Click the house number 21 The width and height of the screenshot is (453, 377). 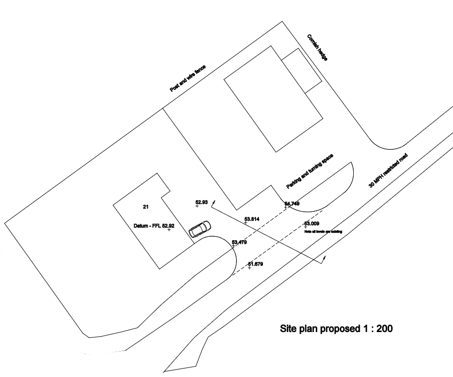click(x=146, y=206)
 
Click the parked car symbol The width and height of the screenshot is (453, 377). click(x=199, y=229)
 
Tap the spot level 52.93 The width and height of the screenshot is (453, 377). click(x=202, y=202)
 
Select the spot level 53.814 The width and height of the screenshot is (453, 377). click(x=252, y=219)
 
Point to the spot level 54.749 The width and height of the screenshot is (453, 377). click(x=292, y=204)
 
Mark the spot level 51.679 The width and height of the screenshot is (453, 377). click(x=255, y=264)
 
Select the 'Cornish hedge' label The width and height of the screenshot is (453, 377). click(x=317, y=48)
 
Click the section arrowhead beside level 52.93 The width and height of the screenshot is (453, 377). click(x=214, y=203)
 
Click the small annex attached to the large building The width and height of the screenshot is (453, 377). click(x=301, y=70)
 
